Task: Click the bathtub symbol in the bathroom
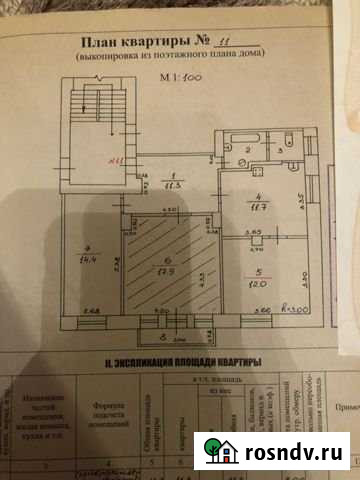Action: [246, 135]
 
